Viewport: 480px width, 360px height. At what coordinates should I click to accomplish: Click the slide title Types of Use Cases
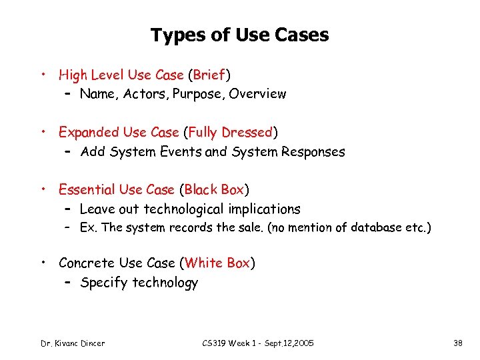(x=239, y=35)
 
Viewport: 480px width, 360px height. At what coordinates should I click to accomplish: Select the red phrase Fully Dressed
(x=231, y=133)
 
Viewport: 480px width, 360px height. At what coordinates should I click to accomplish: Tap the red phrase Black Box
(x=215, y=190)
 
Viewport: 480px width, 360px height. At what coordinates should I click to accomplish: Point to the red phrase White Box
(x=218, y=263)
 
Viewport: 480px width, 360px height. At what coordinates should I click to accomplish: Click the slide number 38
(x=457, y=343)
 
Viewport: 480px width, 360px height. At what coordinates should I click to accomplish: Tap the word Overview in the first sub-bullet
(x=257, y=94)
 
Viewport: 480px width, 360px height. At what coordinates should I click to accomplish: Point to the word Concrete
(x=85, y=263)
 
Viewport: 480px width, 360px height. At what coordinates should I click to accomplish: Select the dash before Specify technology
(x=69, y=283)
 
